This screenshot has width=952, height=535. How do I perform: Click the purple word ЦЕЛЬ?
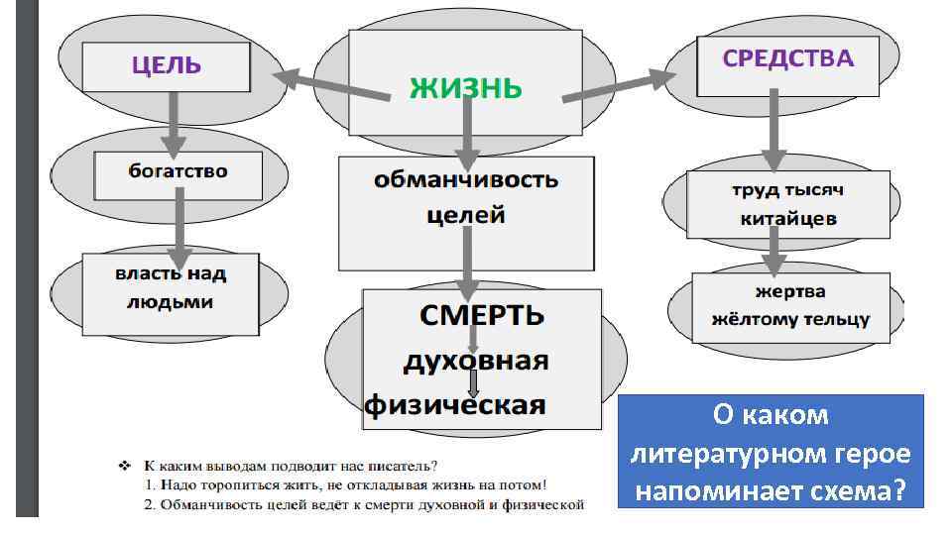point(167,66)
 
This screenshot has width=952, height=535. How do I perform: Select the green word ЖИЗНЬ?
point(465,88)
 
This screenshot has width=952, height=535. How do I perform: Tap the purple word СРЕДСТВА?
point(787,58)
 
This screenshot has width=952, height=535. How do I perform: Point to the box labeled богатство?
point(178,171)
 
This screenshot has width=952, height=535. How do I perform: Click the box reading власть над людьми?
point(170,288)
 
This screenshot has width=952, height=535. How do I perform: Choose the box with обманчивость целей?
point(466,198)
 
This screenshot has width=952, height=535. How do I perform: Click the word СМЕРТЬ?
point(481,316)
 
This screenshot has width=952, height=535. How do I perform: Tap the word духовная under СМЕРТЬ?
point(475,361)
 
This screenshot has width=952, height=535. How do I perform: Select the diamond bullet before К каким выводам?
point(125,464)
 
